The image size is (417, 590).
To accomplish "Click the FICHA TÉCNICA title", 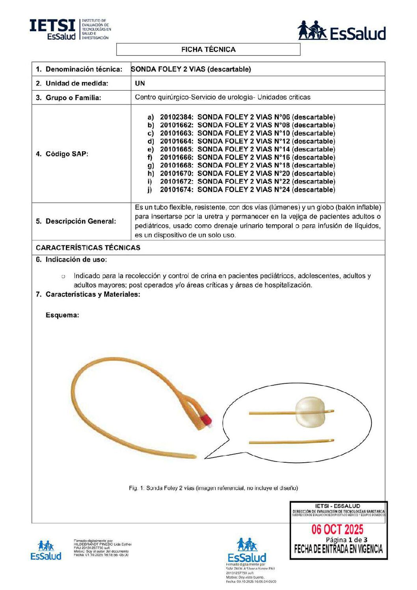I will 208,50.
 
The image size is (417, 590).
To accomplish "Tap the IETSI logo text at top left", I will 52,26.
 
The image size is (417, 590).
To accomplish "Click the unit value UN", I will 140,83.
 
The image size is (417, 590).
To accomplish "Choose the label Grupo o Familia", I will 73,98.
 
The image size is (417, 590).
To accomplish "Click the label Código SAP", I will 67,154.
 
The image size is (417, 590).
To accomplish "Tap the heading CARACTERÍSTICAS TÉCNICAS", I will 88,248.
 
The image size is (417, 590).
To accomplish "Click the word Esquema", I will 62,315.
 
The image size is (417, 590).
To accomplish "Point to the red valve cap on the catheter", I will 206,419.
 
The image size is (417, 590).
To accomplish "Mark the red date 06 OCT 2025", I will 337,529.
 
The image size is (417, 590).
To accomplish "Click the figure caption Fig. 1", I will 213,488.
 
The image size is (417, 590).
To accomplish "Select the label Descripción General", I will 80,221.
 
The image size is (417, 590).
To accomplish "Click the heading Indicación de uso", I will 76,260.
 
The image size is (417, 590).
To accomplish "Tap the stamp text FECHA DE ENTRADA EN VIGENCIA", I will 338,549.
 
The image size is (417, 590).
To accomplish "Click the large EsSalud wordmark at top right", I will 357,34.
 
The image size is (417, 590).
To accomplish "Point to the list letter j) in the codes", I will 150,190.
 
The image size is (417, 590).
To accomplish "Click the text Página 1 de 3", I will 346,540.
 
